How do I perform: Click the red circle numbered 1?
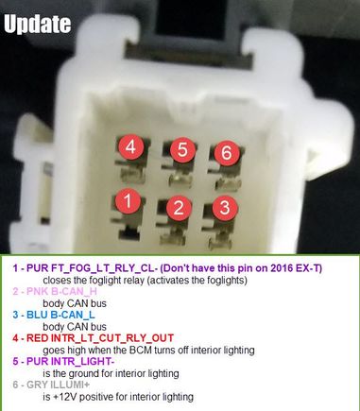[x=129, y=201]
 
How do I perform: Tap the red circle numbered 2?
[x=179, y=208]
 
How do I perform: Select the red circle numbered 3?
[x=225, y=208]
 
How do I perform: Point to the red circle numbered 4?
[x=131, y=146]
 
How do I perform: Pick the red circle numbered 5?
[x=182, y=149]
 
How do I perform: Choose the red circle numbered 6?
[x=227, y=152]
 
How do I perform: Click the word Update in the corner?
[x=38, y=24]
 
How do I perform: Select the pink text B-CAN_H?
[x=74, y=291]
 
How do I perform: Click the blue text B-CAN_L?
[x=73, y=315]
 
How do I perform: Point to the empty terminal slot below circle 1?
[x=129, y=233]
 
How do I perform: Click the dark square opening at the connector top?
[x=191, y=19]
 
